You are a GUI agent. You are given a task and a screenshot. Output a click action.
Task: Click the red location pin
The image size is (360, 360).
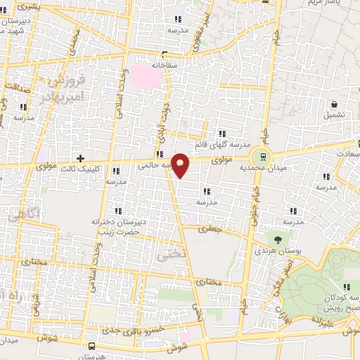point(181,166)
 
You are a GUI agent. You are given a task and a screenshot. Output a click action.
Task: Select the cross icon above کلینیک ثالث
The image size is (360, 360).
point(80,158)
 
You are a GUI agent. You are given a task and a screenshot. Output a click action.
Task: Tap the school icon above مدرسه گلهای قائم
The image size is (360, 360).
point(222,134)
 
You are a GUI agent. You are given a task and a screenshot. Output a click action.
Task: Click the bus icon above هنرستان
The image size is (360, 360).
point(92,346)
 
